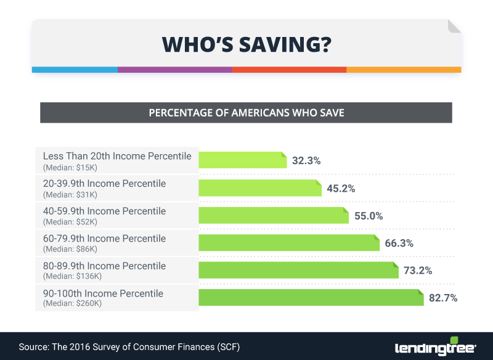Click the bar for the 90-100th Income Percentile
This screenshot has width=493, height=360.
(x=311, y=298)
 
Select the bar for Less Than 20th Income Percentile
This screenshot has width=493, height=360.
(x=242, y=160)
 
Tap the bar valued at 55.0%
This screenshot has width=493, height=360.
(x=274, y=215)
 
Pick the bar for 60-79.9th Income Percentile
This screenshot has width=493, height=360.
(x=288, y=242)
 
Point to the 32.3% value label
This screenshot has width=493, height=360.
(x=306, y=161)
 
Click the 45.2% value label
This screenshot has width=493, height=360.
(x=341, y=188)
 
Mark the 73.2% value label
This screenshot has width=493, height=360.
(x=418, y=270)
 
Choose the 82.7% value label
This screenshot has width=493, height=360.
(x=442, y=298)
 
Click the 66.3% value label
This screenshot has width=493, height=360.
(x=399, y=243)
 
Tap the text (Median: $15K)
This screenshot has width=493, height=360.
(x=70, y=168)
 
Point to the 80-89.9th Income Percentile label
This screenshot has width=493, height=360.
(x=104, y=266)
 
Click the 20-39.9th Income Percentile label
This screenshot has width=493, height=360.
(x=104, y=184)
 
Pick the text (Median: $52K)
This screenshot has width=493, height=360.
(x=70, y=222)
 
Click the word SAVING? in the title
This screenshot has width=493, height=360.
(x=288, y=44)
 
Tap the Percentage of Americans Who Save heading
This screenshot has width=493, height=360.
(x=246, y=113)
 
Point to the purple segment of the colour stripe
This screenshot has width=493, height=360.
(x=175, y=70)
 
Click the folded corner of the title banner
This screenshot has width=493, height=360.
(x=454, y=26)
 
